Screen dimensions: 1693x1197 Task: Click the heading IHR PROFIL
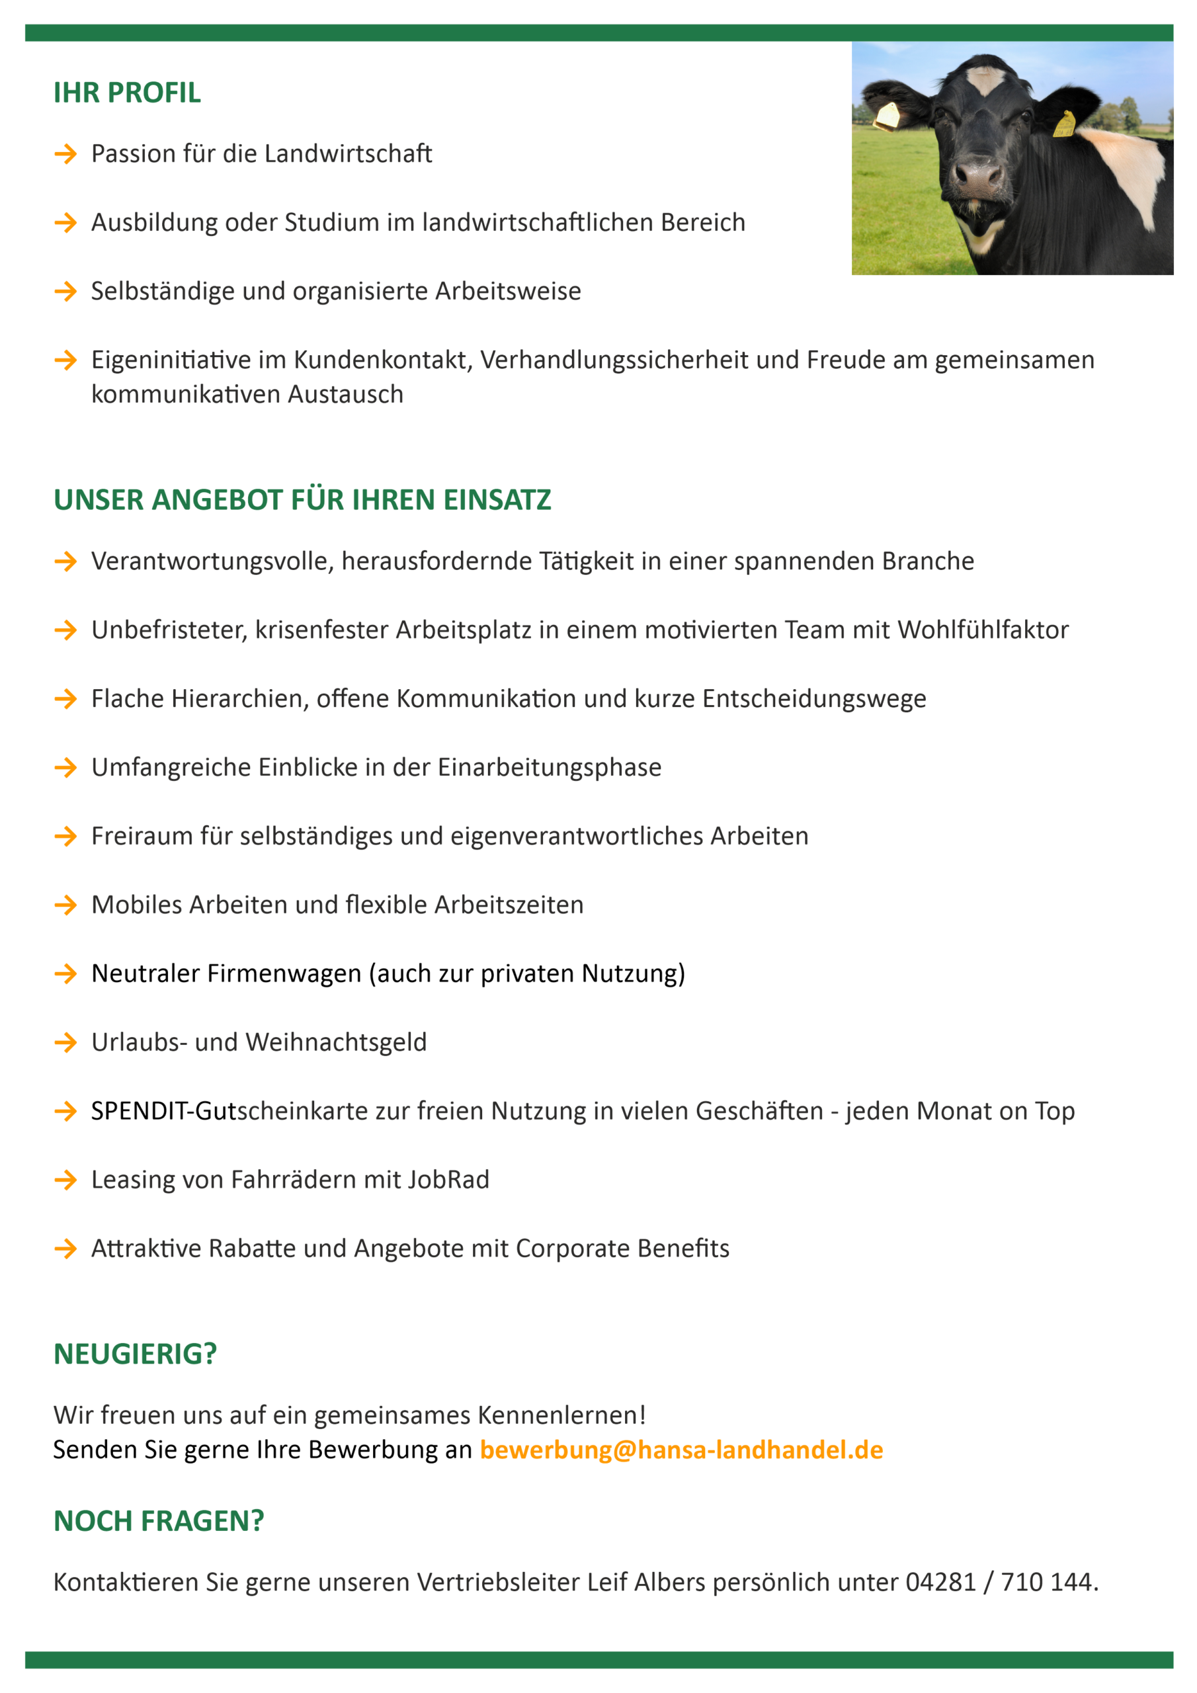pyautogui.click(x=127, y=93)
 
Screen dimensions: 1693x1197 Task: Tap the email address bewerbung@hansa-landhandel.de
pyautogui.click(x=681, y=1450)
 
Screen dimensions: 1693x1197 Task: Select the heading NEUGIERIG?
pyautogui.click(x=135, y=1354)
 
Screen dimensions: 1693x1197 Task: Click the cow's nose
pyautogui.click(x=979, y=175)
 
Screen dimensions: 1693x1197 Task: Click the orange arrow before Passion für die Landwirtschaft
pyautogui.click(x=65, y=154)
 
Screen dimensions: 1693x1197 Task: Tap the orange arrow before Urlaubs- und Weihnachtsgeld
pyautogui.click(x=65, y=1043)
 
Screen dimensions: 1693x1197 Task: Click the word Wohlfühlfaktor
pyautogui.click(x=982, y=630)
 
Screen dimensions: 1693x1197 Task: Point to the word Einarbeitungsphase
pyautogui.click(x=550, y=768)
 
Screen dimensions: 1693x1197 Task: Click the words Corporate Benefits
pyautogui.click(x=622, y=1249)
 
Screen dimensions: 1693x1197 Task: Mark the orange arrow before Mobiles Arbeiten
pyautogui.click(x=65, y=905)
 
